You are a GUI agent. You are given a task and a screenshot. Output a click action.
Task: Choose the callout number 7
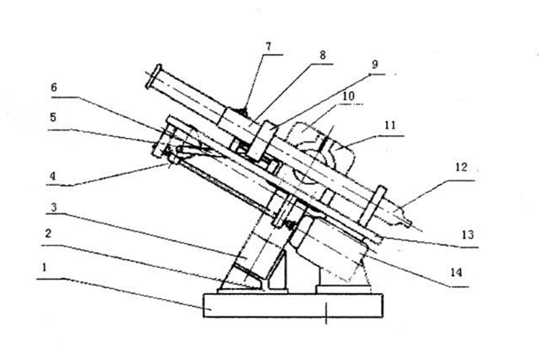pyautogui.click(x=268, y=47)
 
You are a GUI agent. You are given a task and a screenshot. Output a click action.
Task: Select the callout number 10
pyautogui.click(x=348, y=96)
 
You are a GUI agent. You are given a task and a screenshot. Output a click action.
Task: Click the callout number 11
pyautogui.click(x=390, y=125)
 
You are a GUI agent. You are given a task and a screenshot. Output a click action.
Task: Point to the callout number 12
pyautogui.click(x=461, y=168)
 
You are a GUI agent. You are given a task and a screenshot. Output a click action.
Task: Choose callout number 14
pyautogui.click(x=454, y=273)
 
